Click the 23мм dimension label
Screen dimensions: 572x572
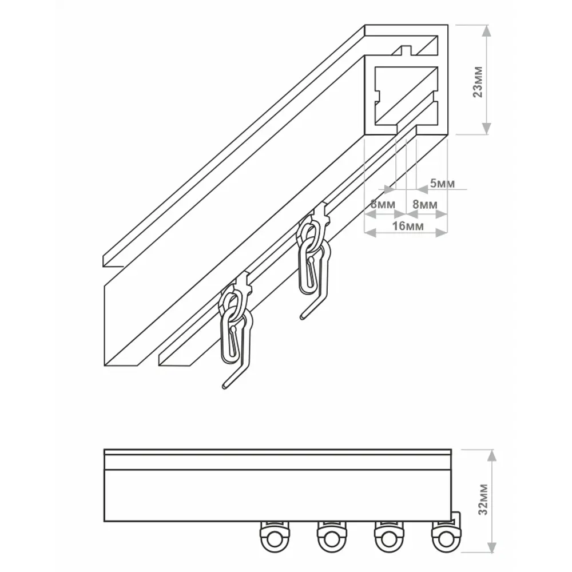478,82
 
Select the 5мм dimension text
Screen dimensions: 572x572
443,183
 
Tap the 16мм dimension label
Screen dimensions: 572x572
408,226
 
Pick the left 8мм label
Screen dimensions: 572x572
383,204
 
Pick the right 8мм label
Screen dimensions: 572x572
425,204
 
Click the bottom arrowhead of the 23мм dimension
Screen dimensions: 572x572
486,128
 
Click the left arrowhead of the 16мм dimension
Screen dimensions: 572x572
371,232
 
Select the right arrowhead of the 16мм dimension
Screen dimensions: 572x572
442,232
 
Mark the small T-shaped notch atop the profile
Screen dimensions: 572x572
406,50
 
